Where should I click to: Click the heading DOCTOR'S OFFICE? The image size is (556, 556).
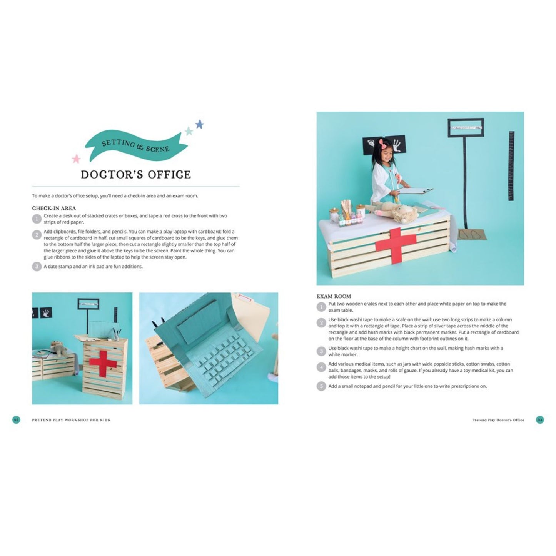click(x=135, y=175)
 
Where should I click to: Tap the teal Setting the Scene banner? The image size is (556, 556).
click(x=135, y=146)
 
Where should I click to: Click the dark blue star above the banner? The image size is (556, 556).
click(x=199, y=124)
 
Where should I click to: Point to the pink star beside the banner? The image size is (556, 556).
click(x=76, y=159)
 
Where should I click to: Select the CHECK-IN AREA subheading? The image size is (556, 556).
click(x=54, y=208)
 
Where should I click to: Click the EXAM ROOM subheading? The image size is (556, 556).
click(x=334, y=296)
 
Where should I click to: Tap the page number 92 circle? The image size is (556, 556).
click(x=16, y=420)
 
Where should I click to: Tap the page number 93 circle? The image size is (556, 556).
click(x=540, y=420)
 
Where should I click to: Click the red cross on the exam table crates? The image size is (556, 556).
click(x=396, y=242)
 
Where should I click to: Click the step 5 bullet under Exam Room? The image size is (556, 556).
click(x=321, y=386)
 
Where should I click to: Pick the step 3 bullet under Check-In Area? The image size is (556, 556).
click(x=37, y=266)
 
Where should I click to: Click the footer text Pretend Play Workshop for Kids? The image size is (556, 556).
click(x=71, y=420)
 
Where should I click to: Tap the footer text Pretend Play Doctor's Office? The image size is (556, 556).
click(x=498, y=420)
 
